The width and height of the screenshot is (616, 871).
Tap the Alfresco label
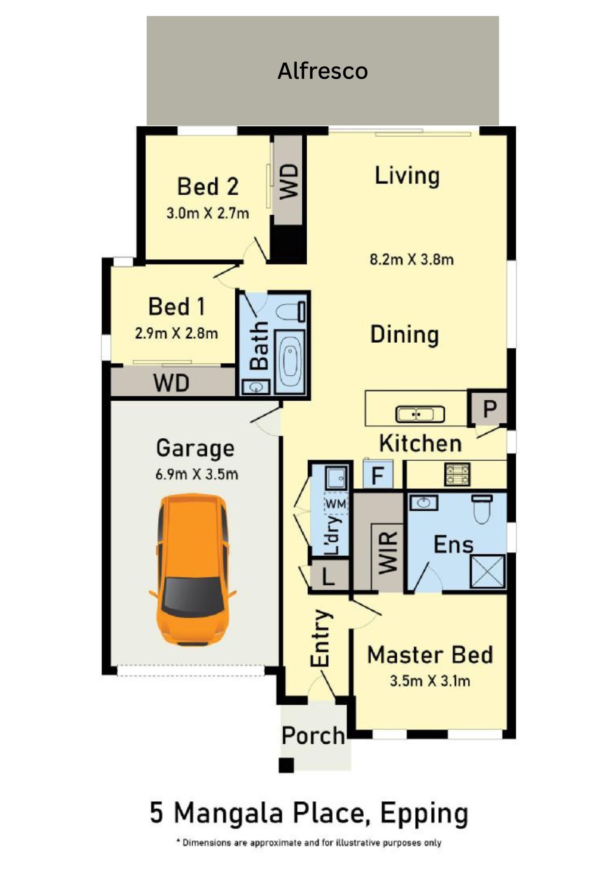click(322, 71)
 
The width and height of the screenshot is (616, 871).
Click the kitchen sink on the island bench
click(420, 414)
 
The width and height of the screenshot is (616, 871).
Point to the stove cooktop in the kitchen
click(457, 474)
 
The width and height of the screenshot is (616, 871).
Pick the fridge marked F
click(378, 474)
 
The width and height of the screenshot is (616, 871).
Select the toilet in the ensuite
click(482, 509)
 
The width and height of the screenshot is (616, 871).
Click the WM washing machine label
click(336, 504)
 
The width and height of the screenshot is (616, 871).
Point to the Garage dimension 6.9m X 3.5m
click(197, 474)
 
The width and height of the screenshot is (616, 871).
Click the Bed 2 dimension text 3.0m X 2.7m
click(207, 213)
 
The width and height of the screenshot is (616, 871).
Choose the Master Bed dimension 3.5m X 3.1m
click(430, 681)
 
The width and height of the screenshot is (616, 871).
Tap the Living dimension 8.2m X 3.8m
click(412, 260)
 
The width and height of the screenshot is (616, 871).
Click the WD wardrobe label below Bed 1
click(171, 383)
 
